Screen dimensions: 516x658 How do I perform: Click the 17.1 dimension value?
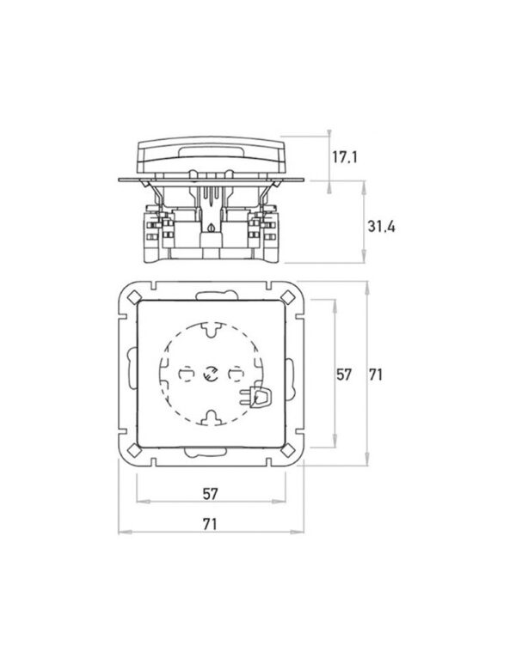pyautogui.click(x=345, y=157)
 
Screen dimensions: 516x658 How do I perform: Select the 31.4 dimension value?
pyautogui.click(x=381, y=227)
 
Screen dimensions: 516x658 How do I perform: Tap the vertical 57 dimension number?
pyautogui.click(x=343, y=375)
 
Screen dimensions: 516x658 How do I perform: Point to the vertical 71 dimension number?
pyautogui.click(x=376, y=375)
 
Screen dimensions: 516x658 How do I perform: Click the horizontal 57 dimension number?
pyautogui.click(x=210, y=494)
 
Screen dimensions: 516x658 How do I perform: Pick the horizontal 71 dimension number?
pyautogui.click(x=210, y=524)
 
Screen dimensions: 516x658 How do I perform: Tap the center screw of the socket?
pyautogui.click(x=210, y=373)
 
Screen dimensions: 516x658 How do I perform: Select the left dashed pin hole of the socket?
pyautogui.click(x=186, y=374)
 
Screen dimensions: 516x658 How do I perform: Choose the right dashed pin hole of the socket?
pyautogui.click(x=236, y=374)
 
